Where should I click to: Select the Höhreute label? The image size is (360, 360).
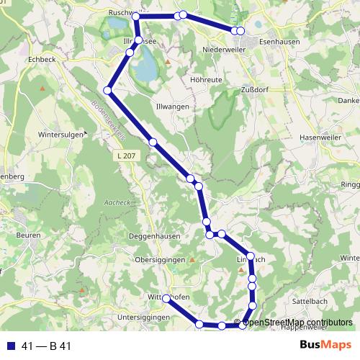click(x=204, y=80)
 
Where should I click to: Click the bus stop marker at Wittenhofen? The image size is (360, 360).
click(x=166, y=298)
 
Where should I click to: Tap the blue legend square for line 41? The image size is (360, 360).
click(x=10, y=346)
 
